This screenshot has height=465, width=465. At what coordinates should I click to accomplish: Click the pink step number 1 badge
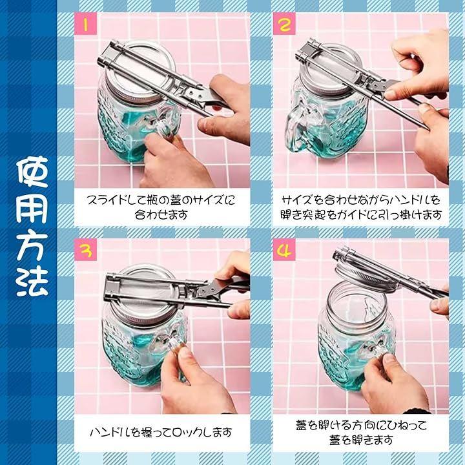(x=85, y=24)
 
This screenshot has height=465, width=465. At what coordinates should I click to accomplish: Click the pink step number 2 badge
(x=284, y=24)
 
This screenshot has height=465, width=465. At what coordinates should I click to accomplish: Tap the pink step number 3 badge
(x=85, y=250)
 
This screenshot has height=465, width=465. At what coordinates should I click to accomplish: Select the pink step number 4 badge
(x=284, y=250)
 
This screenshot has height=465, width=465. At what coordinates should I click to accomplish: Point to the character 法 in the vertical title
(x=32, y=282)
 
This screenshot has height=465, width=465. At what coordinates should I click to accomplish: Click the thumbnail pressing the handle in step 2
(x=390, y=94)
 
